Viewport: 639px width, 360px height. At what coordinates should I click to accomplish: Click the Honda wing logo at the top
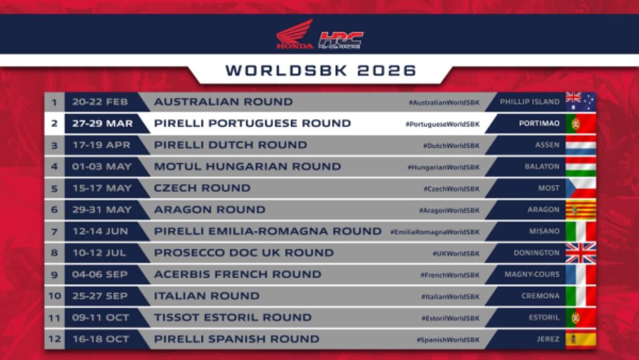[295, 34]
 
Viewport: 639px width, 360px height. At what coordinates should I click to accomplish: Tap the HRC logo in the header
[341, 41]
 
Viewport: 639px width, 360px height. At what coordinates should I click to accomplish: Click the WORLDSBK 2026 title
[320, 70]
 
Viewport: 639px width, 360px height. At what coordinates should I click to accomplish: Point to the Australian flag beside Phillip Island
[580, 102]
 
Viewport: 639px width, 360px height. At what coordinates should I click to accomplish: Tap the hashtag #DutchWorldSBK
[451, 145]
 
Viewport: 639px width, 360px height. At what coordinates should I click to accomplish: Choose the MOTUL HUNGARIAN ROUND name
[247, 167]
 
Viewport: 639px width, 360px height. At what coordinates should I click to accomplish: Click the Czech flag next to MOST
[580, 188]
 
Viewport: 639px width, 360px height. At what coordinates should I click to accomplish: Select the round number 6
[54, 210]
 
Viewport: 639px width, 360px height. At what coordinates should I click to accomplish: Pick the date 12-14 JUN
[100, 231]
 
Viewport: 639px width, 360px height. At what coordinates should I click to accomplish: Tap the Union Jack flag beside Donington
[580, 253]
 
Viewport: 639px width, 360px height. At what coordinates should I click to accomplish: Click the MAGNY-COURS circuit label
[532, 274]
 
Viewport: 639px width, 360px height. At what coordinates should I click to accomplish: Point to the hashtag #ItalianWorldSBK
[450, 296]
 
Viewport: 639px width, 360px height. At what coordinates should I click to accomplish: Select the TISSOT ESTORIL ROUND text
[232, 318]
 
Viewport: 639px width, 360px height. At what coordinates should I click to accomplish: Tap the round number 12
[54, 339]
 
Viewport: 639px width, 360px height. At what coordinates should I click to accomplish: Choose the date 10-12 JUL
[99, 253]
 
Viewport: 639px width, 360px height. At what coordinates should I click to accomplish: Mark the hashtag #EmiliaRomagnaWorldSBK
[434, 231]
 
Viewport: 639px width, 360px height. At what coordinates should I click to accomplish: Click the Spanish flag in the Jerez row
[580, 339]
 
